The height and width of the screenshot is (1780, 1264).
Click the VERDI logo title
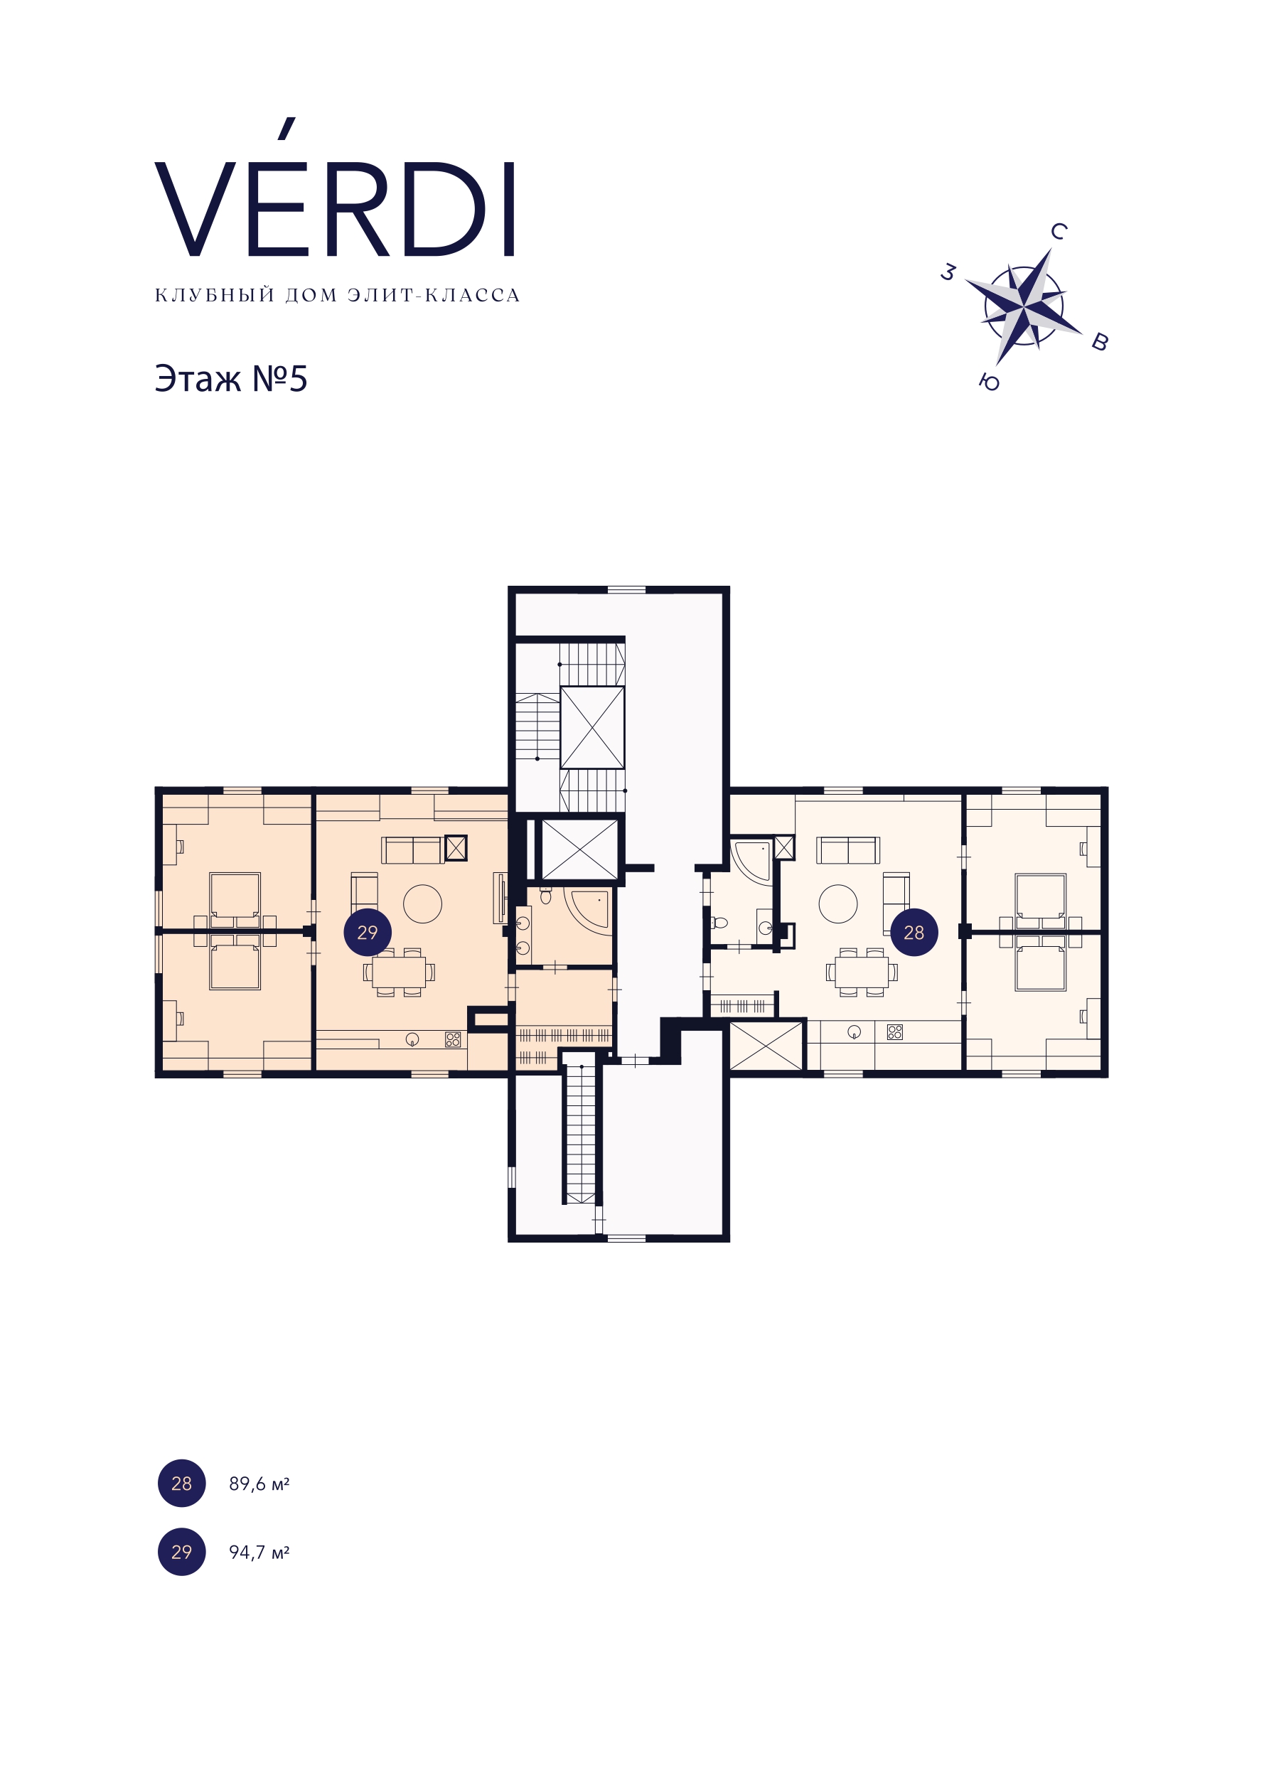click(336, 188)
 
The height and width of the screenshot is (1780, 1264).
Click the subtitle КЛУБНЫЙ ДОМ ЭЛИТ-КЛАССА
click(337, 296)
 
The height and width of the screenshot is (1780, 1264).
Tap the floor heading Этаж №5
click(230, 380)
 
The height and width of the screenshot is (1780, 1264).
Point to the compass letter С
click(1059, 231)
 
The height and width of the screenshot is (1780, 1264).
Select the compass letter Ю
click(990, 382)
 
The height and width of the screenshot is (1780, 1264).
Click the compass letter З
click(948, 272)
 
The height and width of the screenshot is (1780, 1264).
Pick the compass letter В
click(1100, 341)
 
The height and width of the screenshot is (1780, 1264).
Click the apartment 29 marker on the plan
click(368, 932)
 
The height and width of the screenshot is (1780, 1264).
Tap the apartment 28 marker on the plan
click(914, 932)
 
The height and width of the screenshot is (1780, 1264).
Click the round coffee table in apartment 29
click(422, 904)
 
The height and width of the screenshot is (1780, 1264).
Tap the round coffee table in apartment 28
click(838, 904)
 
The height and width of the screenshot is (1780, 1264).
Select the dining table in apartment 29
click(399, 972)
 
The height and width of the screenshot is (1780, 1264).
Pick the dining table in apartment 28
click(862, 972)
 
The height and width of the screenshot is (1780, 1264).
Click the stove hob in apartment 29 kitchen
click(453, 1039)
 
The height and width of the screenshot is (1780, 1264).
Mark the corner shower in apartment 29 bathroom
click(588, 909)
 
